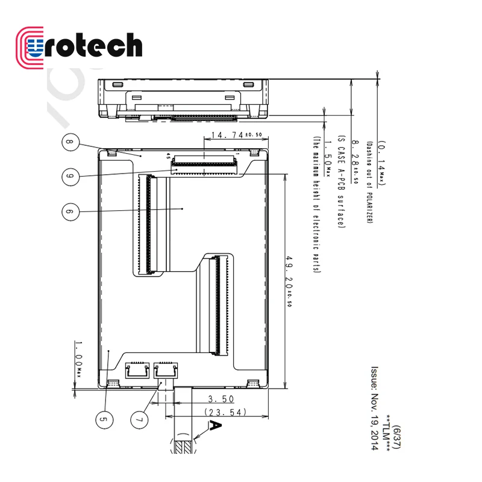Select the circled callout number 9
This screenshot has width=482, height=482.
point(71,175)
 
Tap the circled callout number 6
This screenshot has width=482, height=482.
point(71,211)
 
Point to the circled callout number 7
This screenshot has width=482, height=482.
point(140,418)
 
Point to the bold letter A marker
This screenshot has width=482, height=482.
point(215,427)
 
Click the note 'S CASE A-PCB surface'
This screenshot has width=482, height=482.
point(341,181)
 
